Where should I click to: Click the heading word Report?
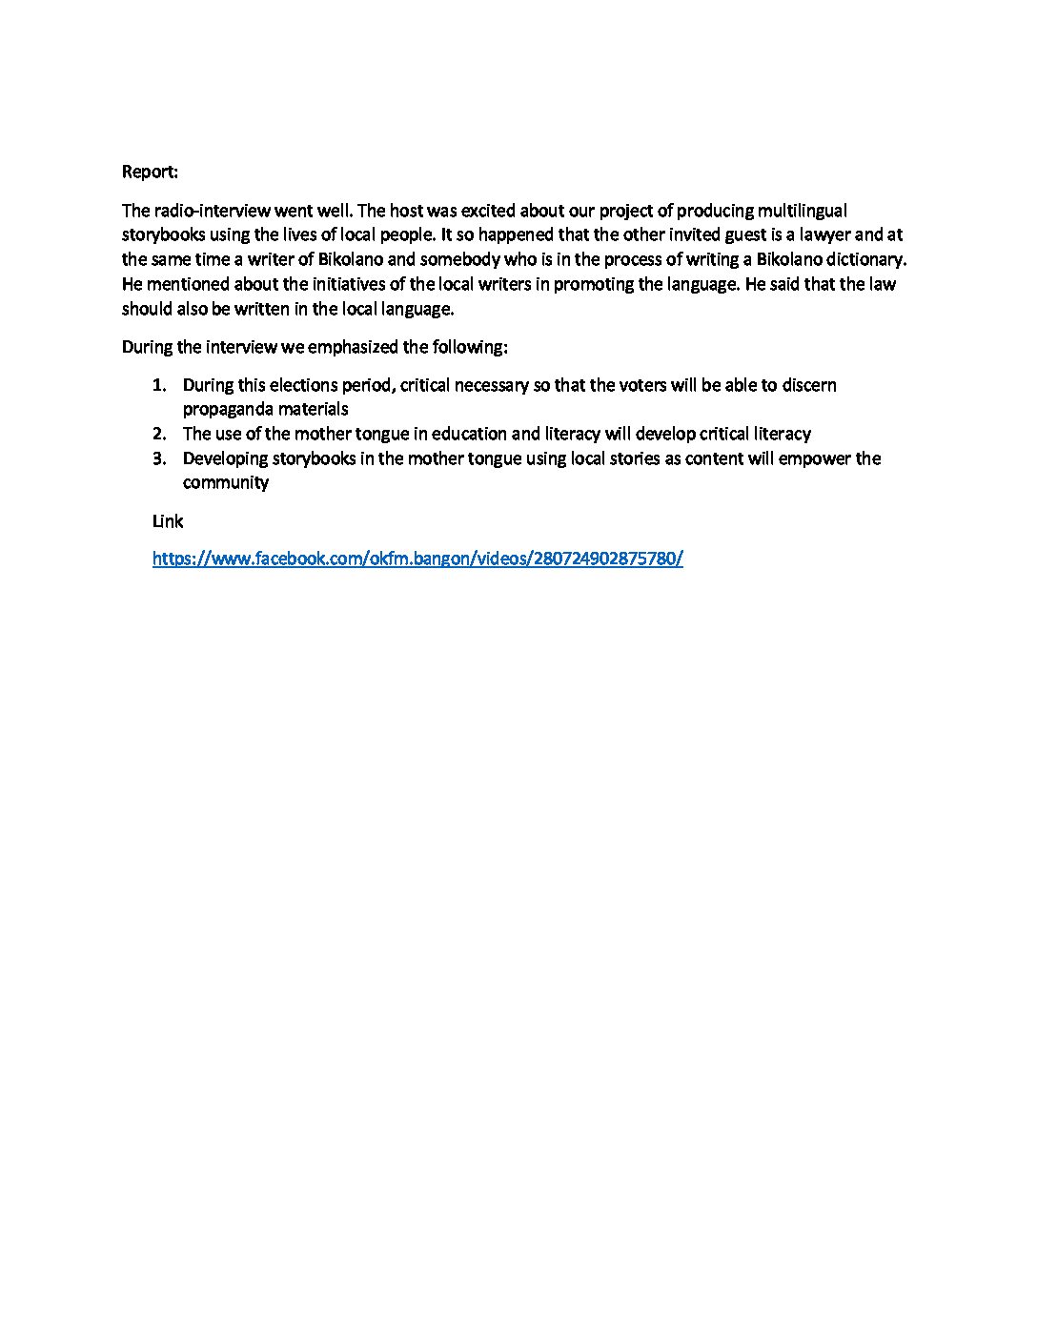point(150,172)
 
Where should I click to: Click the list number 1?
point(159,385)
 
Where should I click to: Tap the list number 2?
point(159,434)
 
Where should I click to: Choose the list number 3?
point(159,458)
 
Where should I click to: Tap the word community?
point(226,482)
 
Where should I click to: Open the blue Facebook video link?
point(417,559)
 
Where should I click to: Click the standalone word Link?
point(168,521)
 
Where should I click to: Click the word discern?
point(809,385)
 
